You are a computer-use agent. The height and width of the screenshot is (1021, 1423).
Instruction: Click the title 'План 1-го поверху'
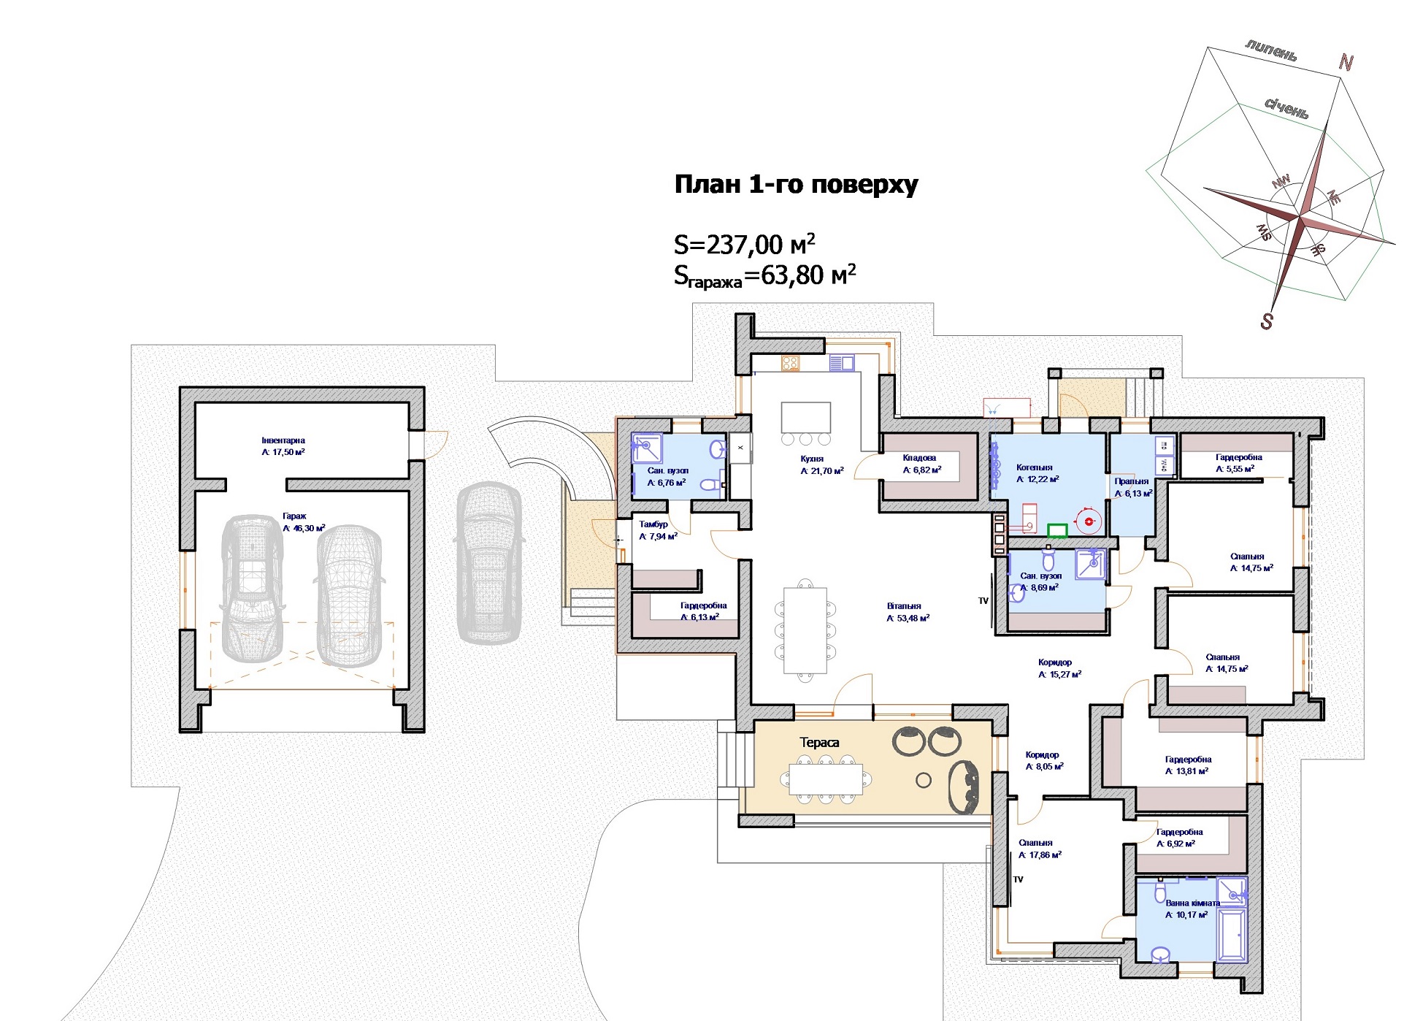pyautogui.click(x=796, y=185)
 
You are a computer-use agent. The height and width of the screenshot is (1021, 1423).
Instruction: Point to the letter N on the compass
pyautogui.click(x=1346, y=63)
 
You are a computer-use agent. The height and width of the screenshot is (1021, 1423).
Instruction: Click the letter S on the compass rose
pyautogui.click(x=1267, y=321)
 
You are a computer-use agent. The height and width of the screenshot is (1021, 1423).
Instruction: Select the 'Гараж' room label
pyautogui.click(x=294, y=516)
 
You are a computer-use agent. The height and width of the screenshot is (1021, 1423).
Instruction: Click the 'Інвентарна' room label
pyautogui.click(x=283, y=440)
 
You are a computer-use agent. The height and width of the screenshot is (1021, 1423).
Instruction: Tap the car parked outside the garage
pyautogui.click(x=489, y=562)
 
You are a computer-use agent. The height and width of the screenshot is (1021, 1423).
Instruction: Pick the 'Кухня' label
pyautogui.click(x=812, y=459)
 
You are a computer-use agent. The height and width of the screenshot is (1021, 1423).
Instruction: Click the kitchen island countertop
pyautogui.click(x=806, y=418)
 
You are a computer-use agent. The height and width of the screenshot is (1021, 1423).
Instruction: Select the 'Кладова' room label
pyautogui.click(x=919, y=458)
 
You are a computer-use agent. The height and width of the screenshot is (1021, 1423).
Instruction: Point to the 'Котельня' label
pyautogui.click(x=1035, y=467)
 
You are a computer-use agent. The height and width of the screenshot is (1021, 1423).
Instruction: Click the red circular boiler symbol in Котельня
pyautogui.click(x=1090, y=521)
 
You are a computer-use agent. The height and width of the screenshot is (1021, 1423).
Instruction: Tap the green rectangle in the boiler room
pyautogui.click(x=1057, y=531)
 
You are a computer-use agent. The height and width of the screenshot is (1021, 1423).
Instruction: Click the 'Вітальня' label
pyautogui.click(x=904, y=606)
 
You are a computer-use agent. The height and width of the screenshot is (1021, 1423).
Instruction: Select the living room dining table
pyautogui.click(x=805, y=630)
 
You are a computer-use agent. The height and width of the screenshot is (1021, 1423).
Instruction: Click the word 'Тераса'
pyautogui.click(x=819, y=743)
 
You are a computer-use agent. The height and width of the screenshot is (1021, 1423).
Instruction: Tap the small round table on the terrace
pyautogui.click(x=924, y=781)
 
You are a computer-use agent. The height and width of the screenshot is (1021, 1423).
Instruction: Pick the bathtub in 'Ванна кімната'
pyautogui.click(x=1232, y=934)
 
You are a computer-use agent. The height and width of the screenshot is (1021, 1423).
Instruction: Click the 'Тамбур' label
pyautogui.click(x=653, y=524)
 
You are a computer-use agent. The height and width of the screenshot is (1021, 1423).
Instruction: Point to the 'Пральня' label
pyautogui.click(x=1132, y=481)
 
